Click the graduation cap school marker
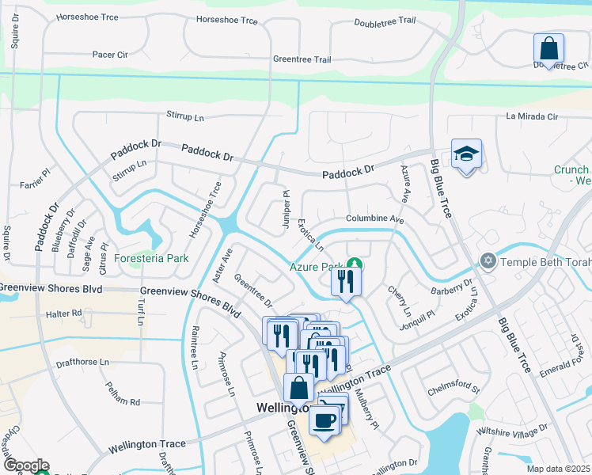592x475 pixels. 466,154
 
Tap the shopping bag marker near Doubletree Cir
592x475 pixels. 548,49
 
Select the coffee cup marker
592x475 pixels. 324,420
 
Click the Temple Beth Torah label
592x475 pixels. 543,260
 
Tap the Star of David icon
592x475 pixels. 488,260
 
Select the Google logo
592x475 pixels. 25,465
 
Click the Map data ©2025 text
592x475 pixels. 558,469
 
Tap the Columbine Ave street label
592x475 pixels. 374,218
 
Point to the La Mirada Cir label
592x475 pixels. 532,116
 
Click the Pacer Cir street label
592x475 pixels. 110,55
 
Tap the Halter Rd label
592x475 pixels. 65,313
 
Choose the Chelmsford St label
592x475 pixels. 454,388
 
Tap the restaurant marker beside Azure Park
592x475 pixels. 345,283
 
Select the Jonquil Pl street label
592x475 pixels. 419,316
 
